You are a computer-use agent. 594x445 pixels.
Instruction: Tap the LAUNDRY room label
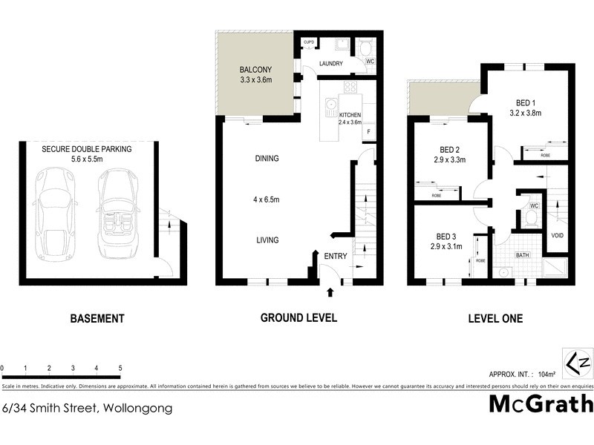click(331, 64)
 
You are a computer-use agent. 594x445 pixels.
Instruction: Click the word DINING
click(246, 158)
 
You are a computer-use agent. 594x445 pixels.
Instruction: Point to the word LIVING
click(246, 240)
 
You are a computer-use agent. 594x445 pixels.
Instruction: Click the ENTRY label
click(336, 256)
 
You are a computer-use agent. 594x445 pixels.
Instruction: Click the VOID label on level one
click(557, 236)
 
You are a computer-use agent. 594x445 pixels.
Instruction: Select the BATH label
click(523, 256)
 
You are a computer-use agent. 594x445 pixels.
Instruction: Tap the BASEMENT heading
click(97, 319)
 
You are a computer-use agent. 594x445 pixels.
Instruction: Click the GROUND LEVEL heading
click(298, 317)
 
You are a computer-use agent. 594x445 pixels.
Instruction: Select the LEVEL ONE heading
click(495, 319)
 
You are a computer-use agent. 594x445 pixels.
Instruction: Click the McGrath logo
click(541, 404)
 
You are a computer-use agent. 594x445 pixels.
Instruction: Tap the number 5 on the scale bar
click(120, 368)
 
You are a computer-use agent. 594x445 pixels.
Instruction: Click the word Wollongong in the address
click(138, 408)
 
